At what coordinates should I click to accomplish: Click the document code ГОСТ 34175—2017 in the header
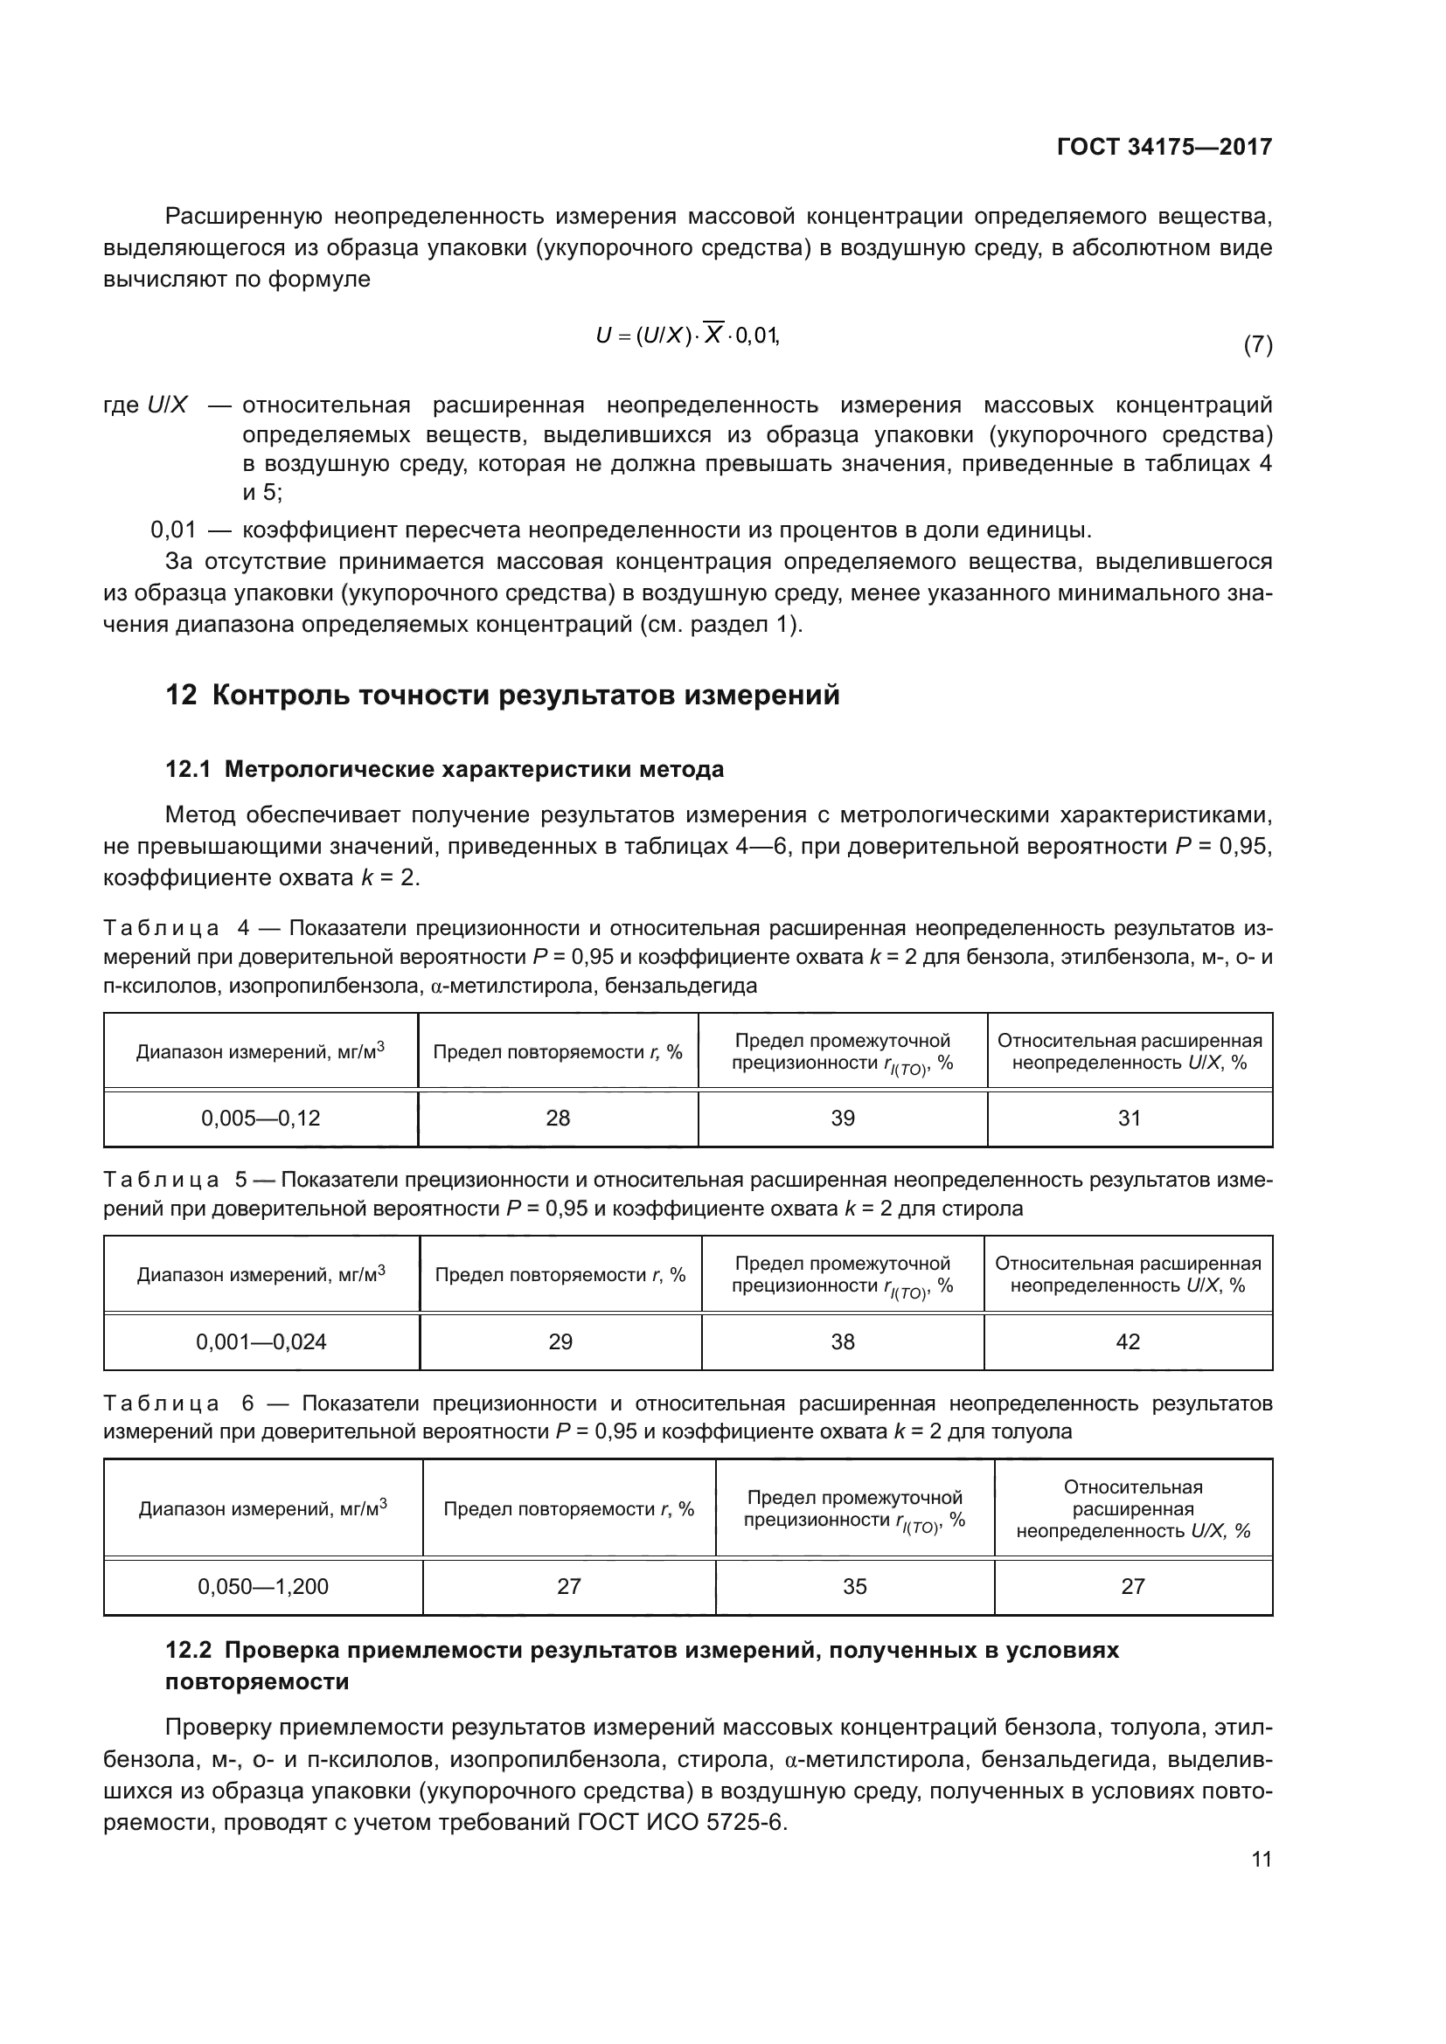1164,147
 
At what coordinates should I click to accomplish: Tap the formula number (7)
1257,344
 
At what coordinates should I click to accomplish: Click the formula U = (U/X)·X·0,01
686,336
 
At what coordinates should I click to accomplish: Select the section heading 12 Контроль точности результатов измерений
502,695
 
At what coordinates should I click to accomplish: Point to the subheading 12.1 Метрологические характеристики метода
444,769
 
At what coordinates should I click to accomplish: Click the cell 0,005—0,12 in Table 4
260,1119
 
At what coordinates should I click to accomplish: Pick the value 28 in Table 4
558,1119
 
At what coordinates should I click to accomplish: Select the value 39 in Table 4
842,1119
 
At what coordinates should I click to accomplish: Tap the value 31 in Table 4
1129,1119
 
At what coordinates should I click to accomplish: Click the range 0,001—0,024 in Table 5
261,1341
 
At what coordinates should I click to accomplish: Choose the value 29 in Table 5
560,1341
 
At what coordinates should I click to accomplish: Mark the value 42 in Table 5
1127,1341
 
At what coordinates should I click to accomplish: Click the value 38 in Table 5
842,1341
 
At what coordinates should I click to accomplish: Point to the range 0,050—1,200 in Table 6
262,1586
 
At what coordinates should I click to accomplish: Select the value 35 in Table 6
854,1586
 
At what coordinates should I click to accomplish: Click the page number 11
1261,1859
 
